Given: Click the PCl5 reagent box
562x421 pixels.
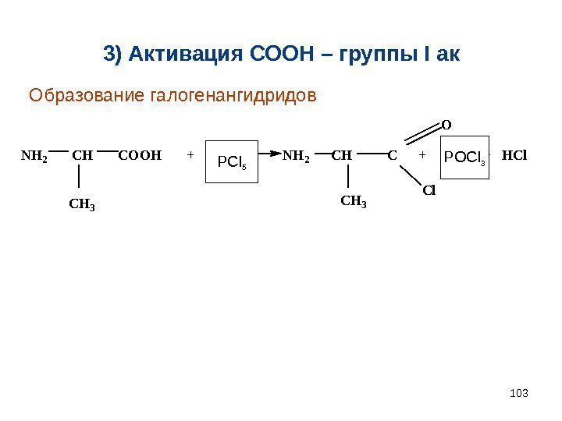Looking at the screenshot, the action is click(x=231, y=161).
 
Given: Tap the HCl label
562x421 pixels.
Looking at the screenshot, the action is click(x=514, y=155).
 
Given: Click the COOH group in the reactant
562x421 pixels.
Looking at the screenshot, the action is click(x=139, y=155).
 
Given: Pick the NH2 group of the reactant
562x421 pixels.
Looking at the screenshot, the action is click(x=34, y=156).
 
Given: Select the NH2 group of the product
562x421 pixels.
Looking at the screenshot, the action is click(x=296, y=156).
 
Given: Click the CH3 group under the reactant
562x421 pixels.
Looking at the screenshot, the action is click(x=82, y=206).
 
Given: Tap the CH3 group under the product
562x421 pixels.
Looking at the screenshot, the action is click(x=354, y=203).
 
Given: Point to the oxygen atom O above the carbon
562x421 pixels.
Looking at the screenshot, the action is click(x=446, y=123).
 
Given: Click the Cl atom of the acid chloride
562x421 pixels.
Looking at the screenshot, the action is click(x=429, y=189).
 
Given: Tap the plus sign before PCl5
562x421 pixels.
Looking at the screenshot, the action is click(x=190, y=155).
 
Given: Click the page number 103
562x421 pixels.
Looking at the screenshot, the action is click(x=518, y=391).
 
